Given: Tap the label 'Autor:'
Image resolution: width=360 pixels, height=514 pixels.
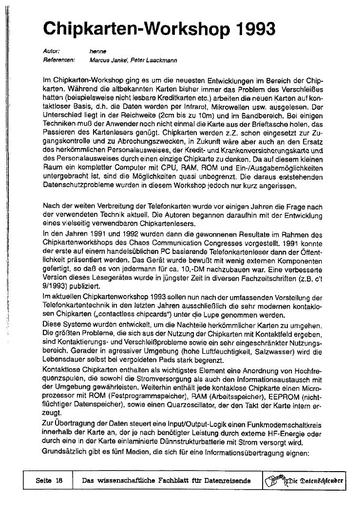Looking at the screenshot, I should pos(51,51).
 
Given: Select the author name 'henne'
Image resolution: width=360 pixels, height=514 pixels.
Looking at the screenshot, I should pos(98,51).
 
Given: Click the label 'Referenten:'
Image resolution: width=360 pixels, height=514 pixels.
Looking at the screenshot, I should pos(58,60).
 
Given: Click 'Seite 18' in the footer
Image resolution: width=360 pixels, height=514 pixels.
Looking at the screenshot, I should pos(49,480).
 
